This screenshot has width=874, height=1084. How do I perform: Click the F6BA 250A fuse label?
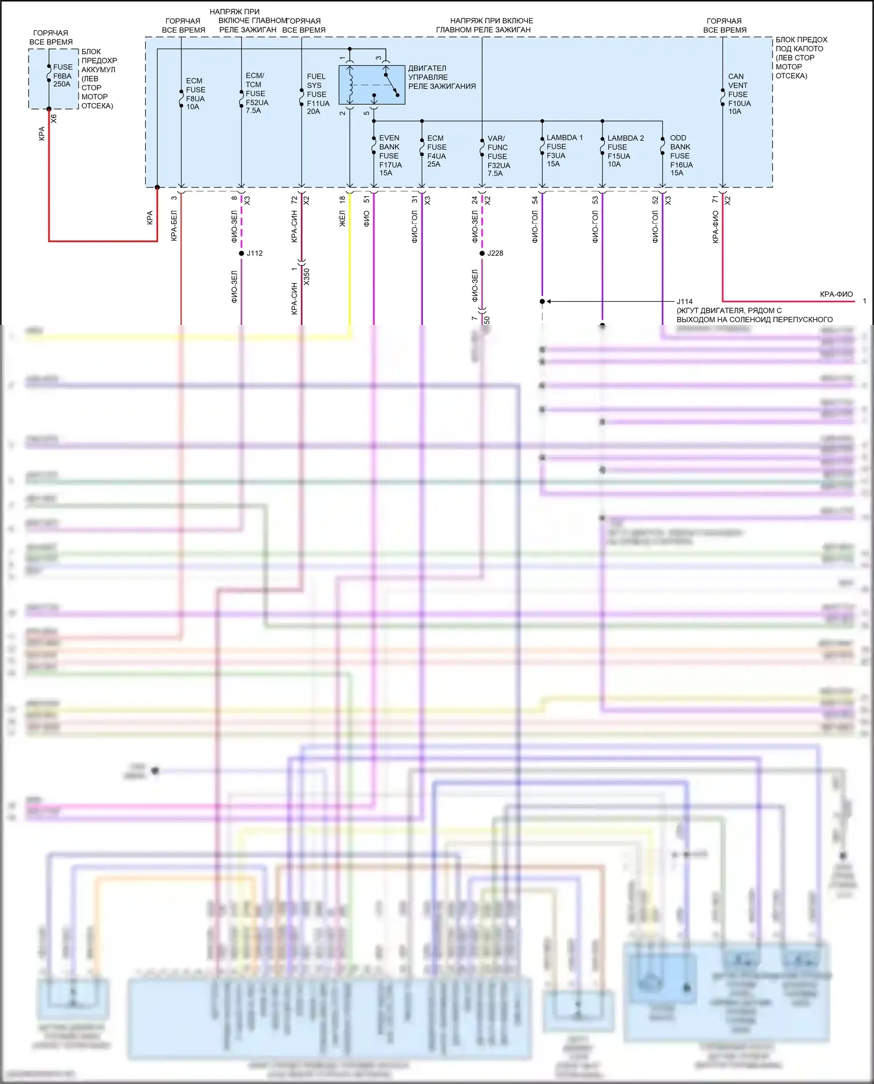(x=62, y=76)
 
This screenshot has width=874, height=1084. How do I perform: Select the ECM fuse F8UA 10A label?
(x=195, y=94)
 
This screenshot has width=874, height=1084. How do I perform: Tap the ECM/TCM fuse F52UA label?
(x=256, y=93)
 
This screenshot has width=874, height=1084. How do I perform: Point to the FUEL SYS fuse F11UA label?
(x=318, y=94)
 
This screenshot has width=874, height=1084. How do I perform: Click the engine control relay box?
(x=372, y=85)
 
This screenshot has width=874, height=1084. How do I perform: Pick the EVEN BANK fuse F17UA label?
(x=390, y=156)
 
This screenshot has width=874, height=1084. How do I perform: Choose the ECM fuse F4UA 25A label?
(x=436, y=151)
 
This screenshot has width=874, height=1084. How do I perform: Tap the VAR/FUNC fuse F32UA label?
(x=498, y=156)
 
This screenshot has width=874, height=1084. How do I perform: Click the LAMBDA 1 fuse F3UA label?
(x=563, y=151)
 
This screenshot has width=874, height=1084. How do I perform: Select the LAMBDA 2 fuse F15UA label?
(x=625, y=151)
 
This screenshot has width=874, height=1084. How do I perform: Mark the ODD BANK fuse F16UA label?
(x=681, y=156)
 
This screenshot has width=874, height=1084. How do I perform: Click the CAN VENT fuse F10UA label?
(x=739, y=94)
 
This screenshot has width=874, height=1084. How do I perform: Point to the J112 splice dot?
(x=241, y=253)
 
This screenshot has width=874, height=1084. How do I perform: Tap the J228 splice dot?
(x=482, y=253)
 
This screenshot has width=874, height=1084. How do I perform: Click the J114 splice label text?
(x=685, y=302)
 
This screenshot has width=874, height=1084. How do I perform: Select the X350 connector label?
(x=306, y=276)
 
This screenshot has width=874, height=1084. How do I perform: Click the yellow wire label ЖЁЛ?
(x=343, y=219)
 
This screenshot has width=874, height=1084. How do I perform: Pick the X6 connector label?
(x=54, y=118)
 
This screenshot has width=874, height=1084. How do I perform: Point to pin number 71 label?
(x=715, y=200)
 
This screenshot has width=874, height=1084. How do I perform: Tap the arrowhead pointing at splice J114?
(x=549, y=302)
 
